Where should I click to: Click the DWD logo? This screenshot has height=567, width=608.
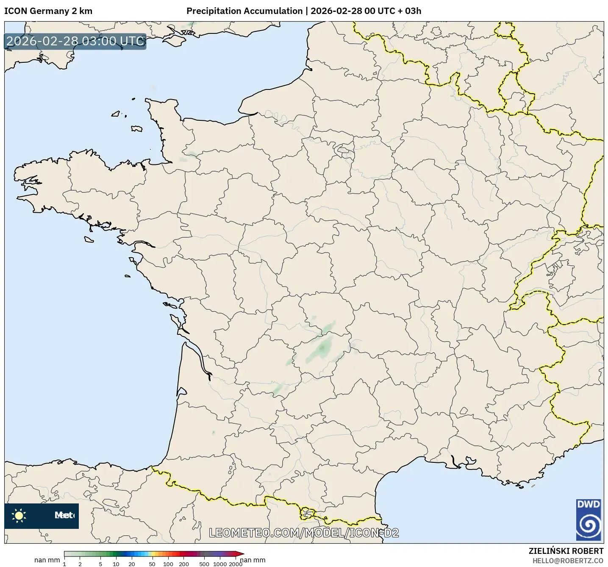[589, 520]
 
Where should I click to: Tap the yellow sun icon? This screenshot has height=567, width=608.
[19, 515]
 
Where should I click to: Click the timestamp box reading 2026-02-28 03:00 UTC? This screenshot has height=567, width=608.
[75, 41]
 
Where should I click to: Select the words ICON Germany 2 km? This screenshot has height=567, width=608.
[48, 11]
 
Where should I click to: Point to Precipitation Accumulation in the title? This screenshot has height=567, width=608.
[244, 11]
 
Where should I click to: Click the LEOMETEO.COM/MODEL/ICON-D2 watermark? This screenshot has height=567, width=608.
[304, 533]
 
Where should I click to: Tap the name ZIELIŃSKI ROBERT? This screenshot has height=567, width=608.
[566, 551]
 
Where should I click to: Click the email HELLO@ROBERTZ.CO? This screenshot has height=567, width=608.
[568, 560]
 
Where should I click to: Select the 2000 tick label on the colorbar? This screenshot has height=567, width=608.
[236, 564]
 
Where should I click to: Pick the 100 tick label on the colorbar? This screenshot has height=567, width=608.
[168, 564]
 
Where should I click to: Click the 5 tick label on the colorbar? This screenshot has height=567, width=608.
[100, 564]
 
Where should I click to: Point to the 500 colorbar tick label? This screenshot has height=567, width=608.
[204, 564]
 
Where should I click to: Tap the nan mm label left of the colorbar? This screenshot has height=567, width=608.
[47, 560]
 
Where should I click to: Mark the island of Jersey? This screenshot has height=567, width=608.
[136, 128]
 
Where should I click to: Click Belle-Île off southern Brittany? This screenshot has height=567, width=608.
[89, 239]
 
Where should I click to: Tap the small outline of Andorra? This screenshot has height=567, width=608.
[306, 514]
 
